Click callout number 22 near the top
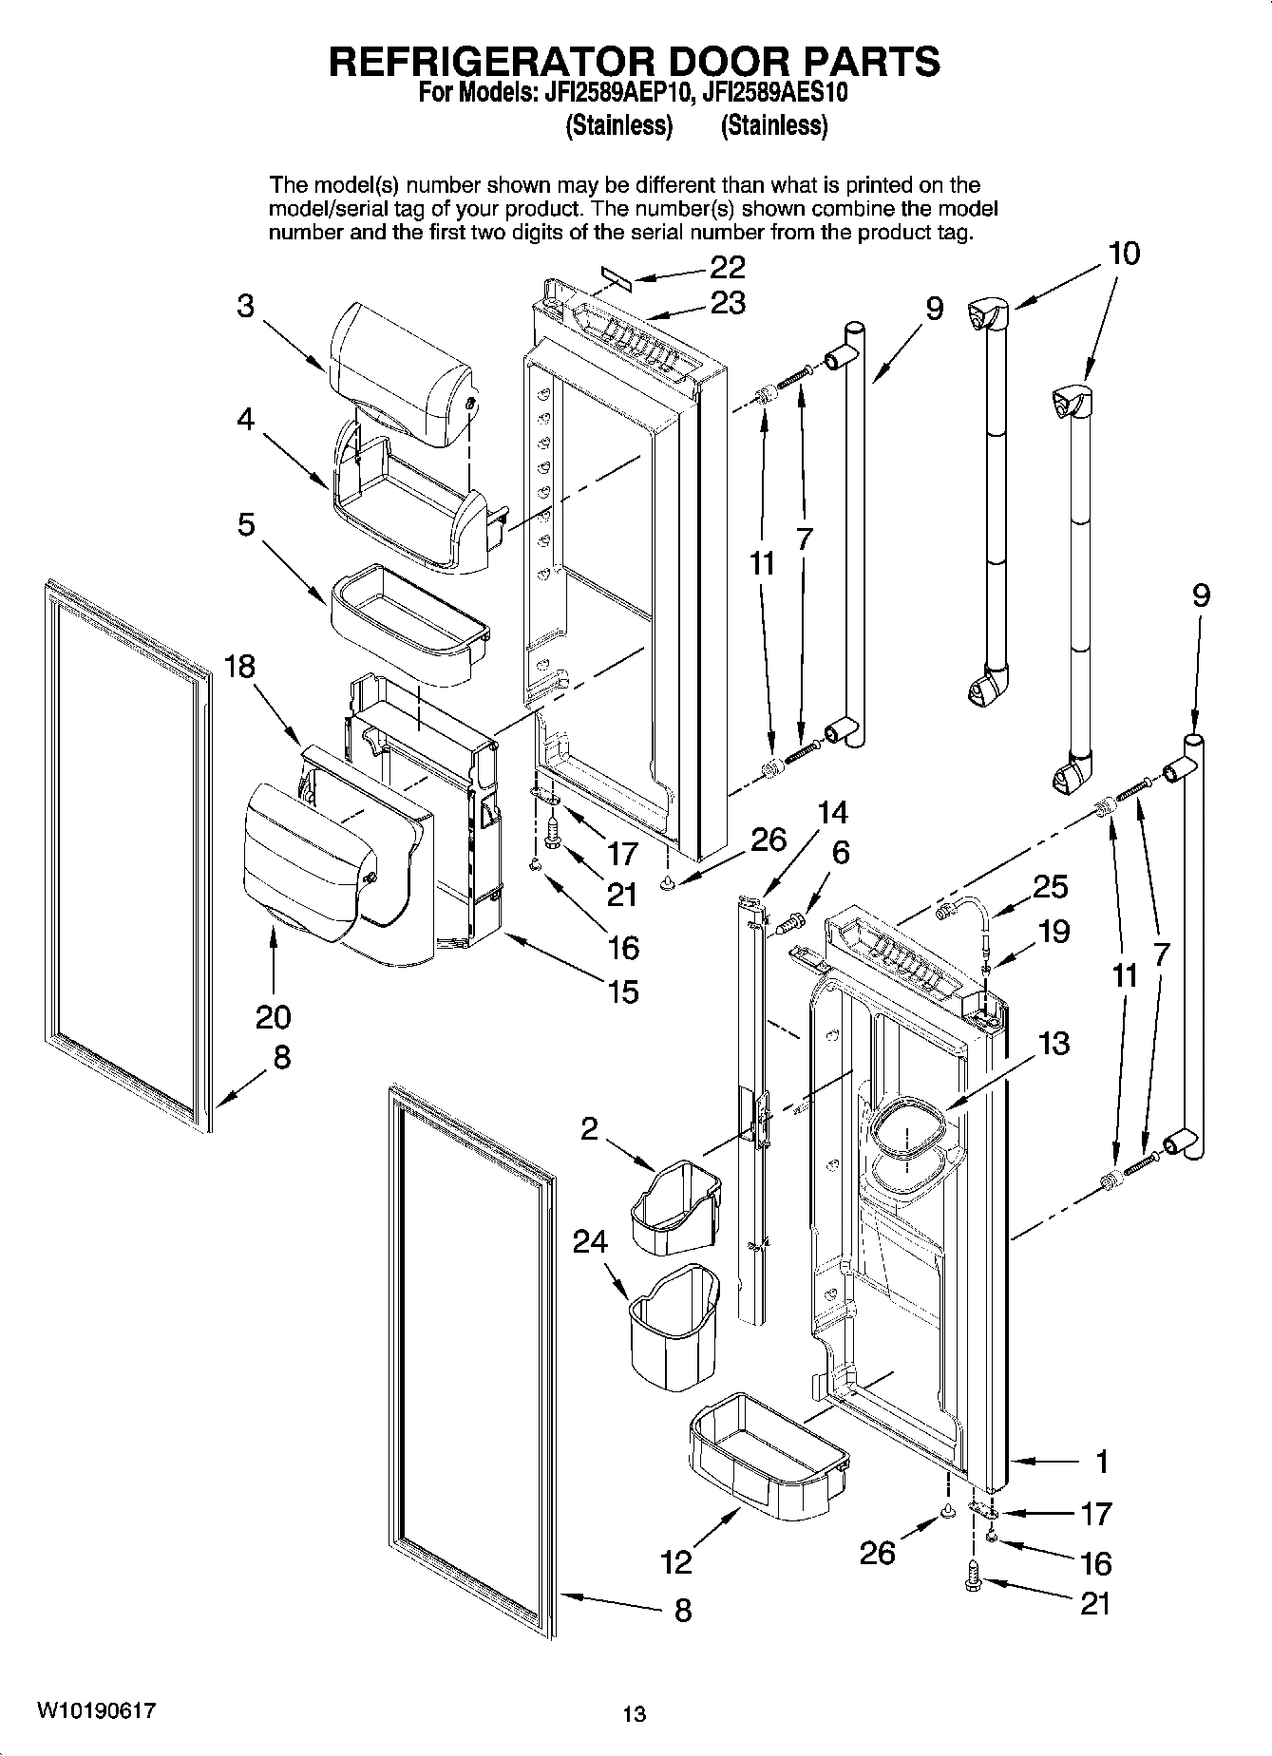click(727, 267)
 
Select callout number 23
click(727, 303)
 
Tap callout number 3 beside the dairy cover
click(246, 307)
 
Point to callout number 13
click(1054, 1043)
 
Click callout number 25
click(1050, 886)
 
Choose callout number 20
click(273, 1017)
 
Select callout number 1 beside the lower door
click(1101, 1462)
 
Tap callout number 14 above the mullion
click(832, 813)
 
